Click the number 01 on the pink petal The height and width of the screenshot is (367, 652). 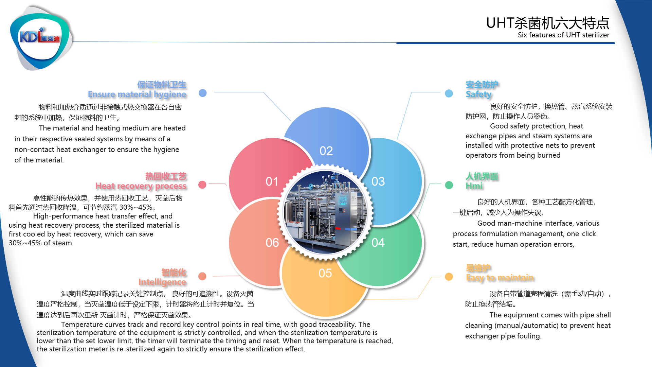[x=272, y=181]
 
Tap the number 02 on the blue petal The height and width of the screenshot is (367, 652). [x=326, y=151]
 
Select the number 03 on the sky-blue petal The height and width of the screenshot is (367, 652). [x=378, y=181]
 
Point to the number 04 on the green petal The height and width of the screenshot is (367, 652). [x=378, y=243]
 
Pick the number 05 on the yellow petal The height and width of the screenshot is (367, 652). [x=325, y=273]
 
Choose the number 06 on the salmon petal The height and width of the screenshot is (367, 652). [x=272, y=243]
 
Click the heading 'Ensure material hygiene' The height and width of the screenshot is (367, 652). [x=137, y=94]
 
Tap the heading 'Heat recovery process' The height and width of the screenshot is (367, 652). [x=141, y=186]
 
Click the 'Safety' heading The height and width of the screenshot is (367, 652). [x=479, y=94]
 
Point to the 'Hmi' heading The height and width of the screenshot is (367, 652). [x=474, y=186]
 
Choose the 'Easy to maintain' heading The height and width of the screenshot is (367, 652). [x=500, y=278]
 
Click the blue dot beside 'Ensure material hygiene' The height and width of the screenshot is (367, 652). [x=203, y=93]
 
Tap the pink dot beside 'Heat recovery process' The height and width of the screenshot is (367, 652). [x=202, y=185]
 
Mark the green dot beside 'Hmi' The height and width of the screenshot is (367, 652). [x=449, y=185]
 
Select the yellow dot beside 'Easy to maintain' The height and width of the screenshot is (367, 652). [x=449, y=277]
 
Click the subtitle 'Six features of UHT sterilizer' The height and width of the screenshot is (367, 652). [x=563, y=35]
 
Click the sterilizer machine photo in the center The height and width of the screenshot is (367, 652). [x=325, y=212]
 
